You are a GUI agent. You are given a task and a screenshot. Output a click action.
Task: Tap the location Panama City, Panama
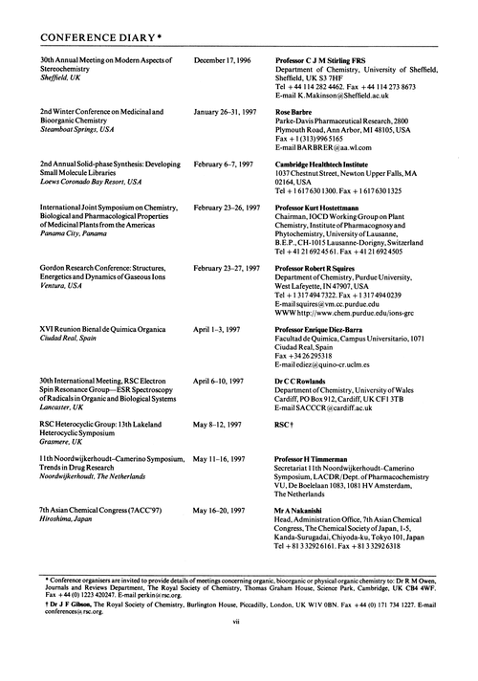tap(75, 232)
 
